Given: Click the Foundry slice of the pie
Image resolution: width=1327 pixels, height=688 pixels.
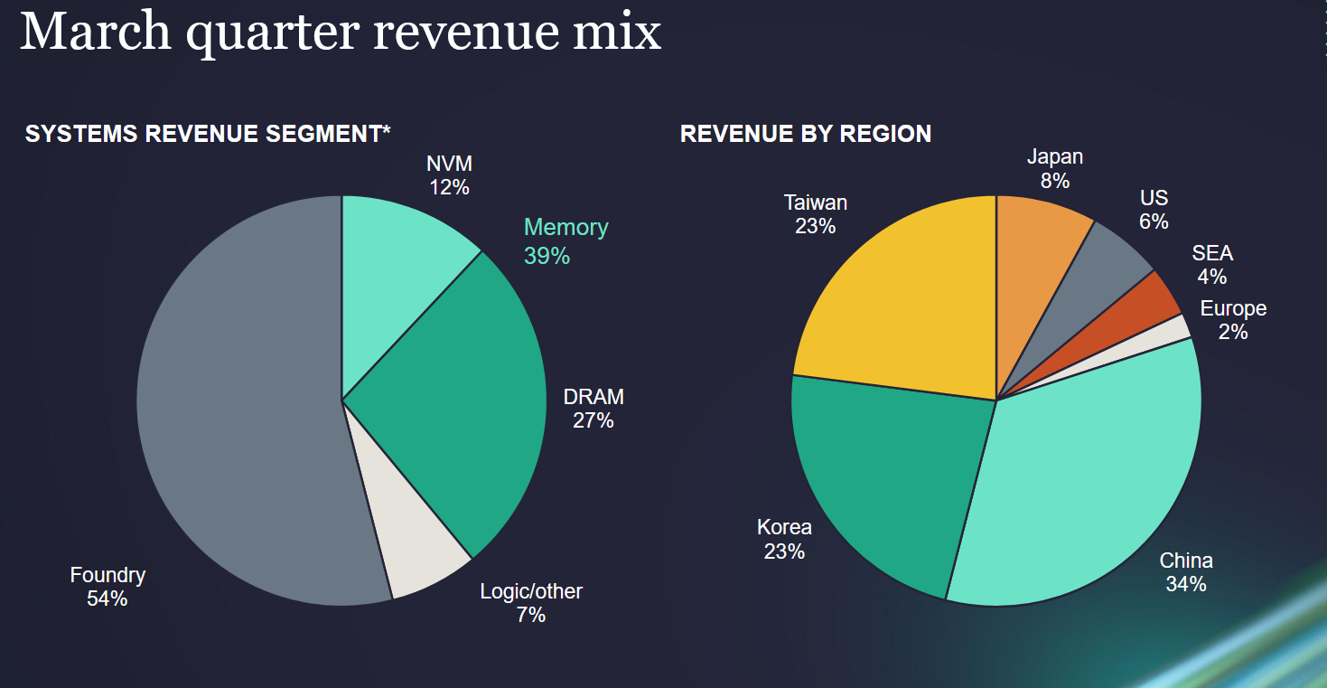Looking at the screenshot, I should tap(235, 407).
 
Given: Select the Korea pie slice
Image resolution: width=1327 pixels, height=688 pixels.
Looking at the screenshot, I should tap(885, 479).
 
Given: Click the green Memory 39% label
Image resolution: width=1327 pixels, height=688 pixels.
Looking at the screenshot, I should tap(565, 241).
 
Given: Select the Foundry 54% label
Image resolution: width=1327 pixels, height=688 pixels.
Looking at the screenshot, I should tap(107, 586).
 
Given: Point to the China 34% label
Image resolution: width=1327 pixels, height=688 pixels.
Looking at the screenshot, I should tap(1186, 572).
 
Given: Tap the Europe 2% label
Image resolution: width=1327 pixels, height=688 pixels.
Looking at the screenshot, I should tap(1233, 320).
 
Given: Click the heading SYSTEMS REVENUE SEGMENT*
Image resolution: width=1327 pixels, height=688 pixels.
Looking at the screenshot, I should tap(208, 134).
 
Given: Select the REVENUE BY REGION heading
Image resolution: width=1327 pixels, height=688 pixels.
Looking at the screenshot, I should tap(806, 134).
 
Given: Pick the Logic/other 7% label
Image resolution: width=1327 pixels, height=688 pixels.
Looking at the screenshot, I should tap(531, 603).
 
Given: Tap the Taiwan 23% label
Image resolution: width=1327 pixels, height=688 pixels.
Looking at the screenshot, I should tap(816, 214).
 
